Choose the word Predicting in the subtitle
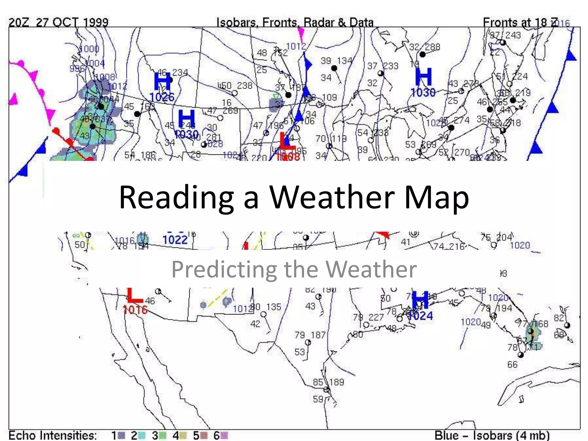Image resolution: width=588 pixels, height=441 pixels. click(224, 269)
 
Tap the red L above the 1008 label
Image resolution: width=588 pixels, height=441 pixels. click(287, 141)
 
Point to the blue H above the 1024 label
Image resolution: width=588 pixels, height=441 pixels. click(420, 300)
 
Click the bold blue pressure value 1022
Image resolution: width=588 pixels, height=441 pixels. click(175, 240)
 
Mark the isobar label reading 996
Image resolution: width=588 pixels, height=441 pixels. click(77, 69)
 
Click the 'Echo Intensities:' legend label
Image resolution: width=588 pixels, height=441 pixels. click(53, 435)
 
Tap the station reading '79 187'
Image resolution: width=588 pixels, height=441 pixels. click(310, 335)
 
